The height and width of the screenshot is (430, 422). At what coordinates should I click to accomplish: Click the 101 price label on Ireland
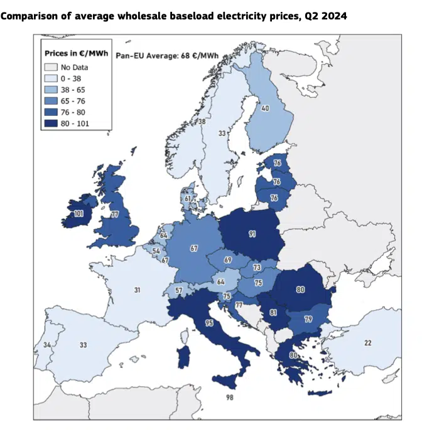(x=78, y=214)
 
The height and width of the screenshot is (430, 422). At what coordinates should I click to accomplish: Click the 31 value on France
(x=136, y=289)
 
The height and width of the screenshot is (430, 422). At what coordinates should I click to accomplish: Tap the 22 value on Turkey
(x=367, y=342)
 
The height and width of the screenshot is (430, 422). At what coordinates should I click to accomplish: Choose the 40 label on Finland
(x=265, y=108)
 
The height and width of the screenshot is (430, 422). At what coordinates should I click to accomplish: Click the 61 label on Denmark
(x=187, y=199)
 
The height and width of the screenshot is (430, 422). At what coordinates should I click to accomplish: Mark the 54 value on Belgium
(x=156, y=250)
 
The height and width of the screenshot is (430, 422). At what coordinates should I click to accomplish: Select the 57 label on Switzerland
(x=179, y=291)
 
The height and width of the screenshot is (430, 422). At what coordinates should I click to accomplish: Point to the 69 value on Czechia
(x=227, y=259)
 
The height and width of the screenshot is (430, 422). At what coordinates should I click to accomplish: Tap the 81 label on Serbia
(x=273, y=312)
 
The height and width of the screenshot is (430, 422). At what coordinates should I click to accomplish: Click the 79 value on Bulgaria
(x=308, y=319)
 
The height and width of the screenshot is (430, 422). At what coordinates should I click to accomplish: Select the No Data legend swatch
(x=51, y=66)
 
